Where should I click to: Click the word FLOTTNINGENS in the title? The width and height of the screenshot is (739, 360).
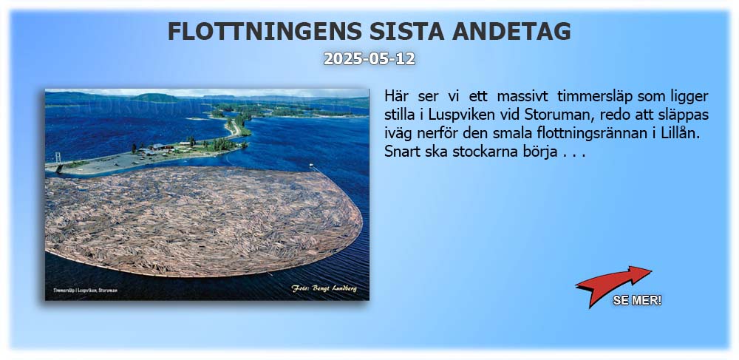tap(265, 32)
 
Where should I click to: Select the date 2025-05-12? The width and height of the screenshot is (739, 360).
tap(369, 59)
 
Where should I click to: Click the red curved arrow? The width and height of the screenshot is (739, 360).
tap(613, 282)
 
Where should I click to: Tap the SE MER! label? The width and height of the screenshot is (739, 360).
tap(637, 300)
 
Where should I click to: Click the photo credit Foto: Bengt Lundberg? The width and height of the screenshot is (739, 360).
tap(324, 288)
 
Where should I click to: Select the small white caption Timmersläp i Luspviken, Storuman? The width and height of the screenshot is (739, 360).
tap(85, 291)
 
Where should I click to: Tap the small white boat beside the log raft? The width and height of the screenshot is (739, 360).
tap(312, 165)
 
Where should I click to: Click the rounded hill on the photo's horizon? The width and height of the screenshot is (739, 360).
tap(156, 98)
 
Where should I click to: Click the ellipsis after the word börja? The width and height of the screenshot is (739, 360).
tap(573, 154)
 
